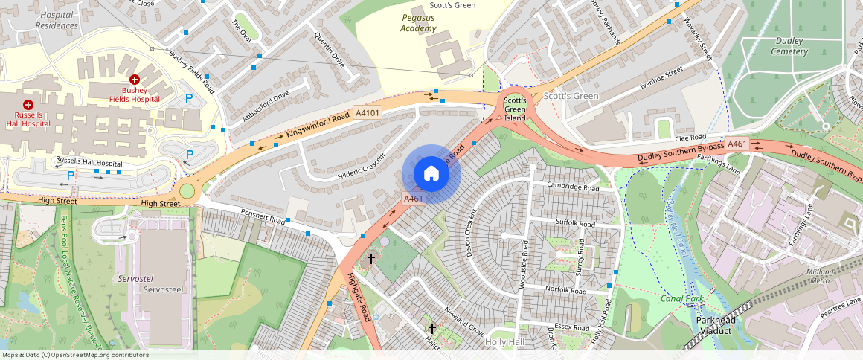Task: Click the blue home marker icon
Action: pyautogui.click(x=431, y=174)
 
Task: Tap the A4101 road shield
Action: pyautogui.click(x=368, y=113)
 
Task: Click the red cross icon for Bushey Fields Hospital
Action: pyautogui.click(x=135, y=80)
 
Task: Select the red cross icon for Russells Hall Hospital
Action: pyautogui.click(x=28, y=106)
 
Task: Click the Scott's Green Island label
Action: pyautogui.click(x=515, y=109)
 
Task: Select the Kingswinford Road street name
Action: pyautogui.click(x=318, y=126)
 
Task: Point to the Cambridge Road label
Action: pyautogui.click(x=572, y=186)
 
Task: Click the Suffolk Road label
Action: pyautogui.click(x=576, y=223)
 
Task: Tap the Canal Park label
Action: pyautogui.click(x=682, y=298)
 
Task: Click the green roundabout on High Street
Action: pyautogui.click(x=187, y=192)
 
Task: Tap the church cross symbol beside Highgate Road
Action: pyautogui.click(x=371, y=259)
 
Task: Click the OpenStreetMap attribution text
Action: pyautogui.click(x=74, y=355)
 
